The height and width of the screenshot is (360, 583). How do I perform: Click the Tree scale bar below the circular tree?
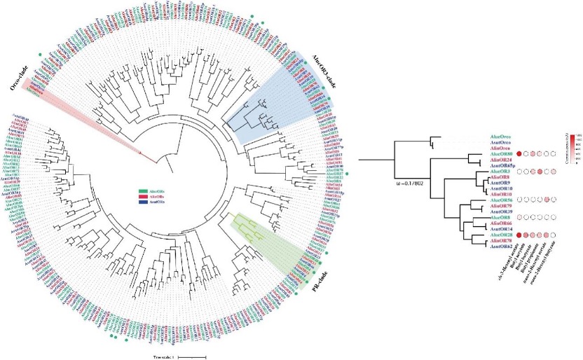(x=191, y=356)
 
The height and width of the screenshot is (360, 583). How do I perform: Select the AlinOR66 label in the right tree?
(x=502, y=224)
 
